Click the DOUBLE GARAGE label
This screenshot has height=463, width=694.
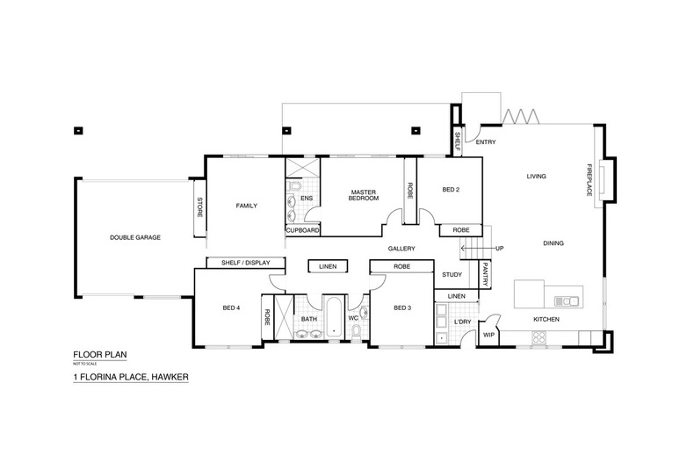[134, 237]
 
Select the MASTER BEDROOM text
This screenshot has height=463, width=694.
[364, 194]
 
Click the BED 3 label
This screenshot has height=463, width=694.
[402, 307]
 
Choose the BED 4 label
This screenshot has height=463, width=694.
[231, 307]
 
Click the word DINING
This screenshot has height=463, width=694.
[553, 243]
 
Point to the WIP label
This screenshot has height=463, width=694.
[489, 334]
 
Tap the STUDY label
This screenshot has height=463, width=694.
[452, 274]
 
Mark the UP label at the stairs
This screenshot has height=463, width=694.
[501, 249]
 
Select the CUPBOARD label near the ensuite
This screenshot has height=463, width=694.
[302, 230]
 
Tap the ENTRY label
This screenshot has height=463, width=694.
[487, 141]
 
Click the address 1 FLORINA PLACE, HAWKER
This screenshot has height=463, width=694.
[132, 378]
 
